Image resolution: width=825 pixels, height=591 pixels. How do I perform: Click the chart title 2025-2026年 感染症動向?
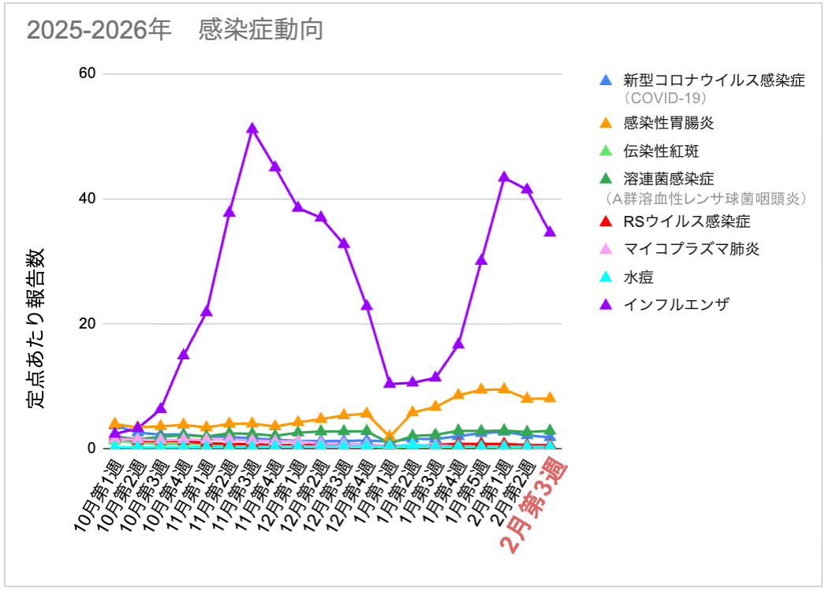coord(175,30)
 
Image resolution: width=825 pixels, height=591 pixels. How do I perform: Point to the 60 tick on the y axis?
coord(87,74)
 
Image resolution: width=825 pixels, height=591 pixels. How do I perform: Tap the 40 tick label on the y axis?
coord(87,199)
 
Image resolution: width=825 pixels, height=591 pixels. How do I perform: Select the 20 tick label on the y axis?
coord(87,324)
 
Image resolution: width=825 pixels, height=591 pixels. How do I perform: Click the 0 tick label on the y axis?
coord(91,448)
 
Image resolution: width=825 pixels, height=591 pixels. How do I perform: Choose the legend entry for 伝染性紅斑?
coord(661,151)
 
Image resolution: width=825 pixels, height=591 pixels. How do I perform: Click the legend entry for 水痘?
coord(639,277)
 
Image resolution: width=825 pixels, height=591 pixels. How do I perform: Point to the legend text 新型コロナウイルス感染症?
coord(714,80)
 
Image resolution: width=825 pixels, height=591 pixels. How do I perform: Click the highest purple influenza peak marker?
coord(252,128)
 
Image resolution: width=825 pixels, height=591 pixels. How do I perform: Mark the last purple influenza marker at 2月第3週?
coord(550,232)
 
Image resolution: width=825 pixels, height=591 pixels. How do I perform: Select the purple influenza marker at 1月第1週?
coord(390,383)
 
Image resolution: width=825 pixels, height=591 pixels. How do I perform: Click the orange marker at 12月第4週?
coord(367,412)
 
